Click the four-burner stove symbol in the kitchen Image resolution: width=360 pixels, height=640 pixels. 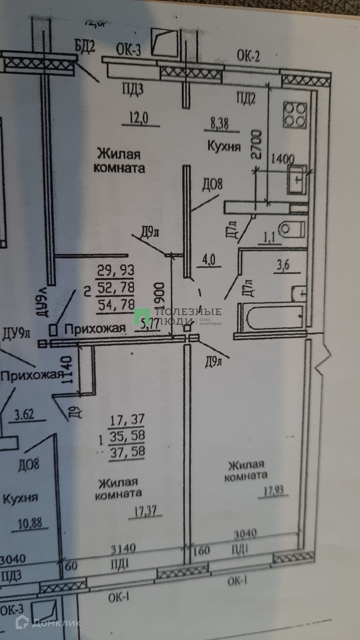point(295,114)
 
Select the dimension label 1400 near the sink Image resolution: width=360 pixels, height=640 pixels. point(282,160)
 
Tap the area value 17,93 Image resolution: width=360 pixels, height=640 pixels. point(276,490)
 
